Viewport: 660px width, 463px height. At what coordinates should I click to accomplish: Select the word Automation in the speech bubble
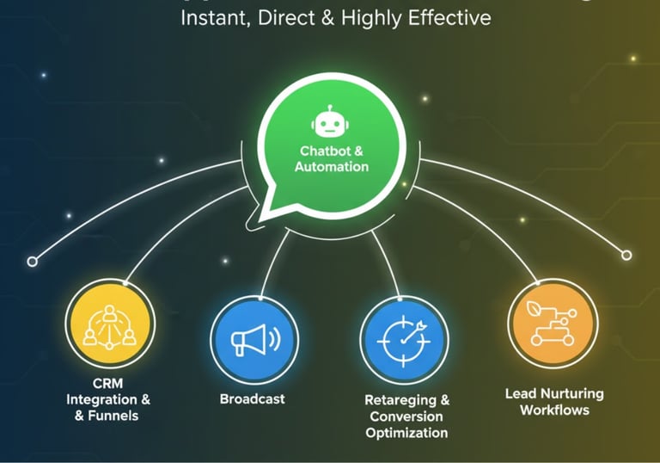[x=332, y=167]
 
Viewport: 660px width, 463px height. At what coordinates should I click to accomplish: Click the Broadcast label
[x=252, y=399]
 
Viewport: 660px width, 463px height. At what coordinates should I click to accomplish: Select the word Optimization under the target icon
[x=406, y=433]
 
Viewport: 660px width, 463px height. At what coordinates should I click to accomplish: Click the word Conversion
[x=406, y=417]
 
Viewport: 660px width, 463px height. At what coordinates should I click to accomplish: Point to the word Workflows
[x=554, y=411]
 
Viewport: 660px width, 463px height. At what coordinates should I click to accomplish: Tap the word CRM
[x=108, y=383]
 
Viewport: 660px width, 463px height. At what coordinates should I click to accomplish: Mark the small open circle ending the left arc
[x=33, y=261]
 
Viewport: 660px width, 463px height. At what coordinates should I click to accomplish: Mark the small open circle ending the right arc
[x=626, y=256]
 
